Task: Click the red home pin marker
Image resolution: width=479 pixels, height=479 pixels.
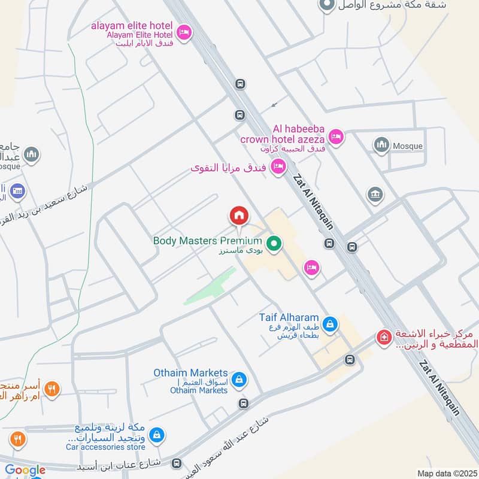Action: coord(238,216)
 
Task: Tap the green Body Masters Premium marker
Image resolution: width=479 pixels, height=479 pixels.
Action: coord(274,243)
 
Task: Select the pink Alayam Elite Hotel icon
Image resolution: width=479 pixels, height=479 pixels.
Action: coord(184,31)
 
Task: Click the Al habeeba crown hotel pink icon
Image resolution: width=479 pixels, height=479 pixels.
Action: coord(335,137)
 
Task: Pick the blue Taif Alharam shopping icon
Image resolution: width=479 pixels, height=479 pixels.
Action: coord(329,325)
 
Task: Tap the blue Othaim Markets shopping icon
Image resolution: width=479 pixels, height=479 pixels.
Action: coord(239,379)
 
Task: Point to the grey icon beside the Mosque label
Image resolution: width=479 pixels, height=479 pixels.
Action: coord(381,145)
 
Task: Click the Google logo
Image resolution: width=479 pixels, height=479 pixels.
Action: coord(25,471)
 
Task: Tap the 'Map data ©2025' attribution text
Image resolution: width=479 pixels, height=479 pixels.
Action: coord(445,474)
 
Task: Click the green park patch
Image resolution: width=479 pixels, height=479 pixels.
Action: coord(210,286)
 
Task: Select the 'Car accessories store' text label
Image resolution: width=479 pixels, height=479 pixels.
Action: coord(105,447)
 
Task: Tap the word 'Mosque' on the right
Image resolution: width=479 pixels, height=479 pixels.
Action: coord(408,146)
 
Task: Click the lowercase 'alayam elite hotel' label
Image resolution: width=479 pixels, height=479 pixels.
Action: coord(131,26)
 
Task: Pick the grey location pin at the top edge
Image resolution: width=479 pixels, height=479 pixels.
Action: coord(326,5)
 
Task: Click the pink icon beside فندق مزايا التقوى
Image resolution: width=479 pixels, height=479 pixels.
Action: coord(278,167)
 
